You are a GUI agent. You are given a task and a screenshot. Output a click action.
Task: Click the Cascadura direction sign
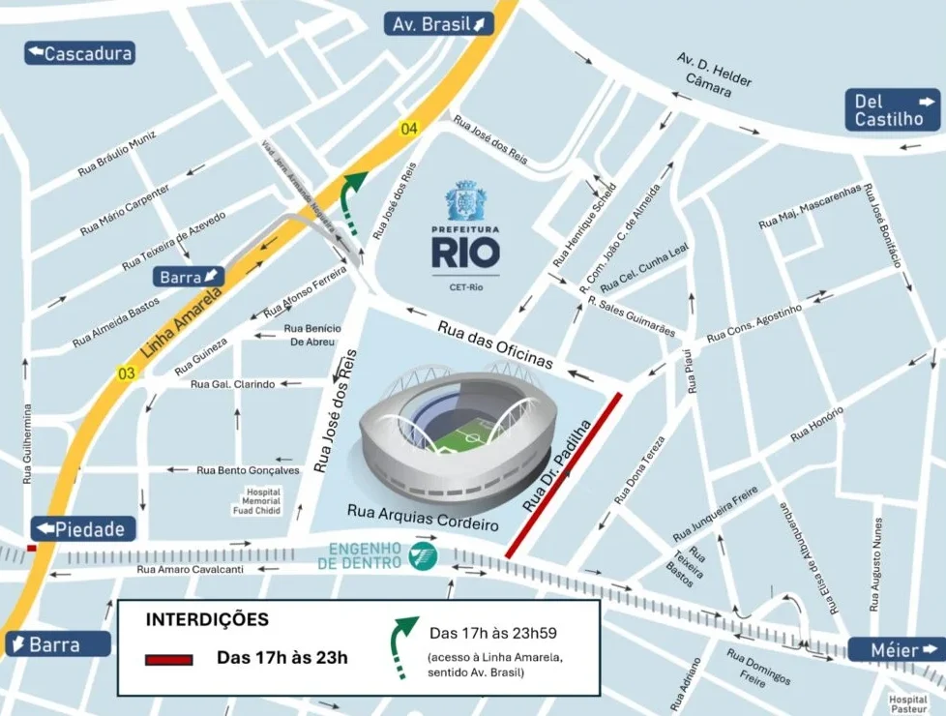click(79, 53)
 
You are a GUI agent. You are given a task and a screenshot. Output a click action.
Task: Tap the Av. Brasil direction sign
click(438, 24)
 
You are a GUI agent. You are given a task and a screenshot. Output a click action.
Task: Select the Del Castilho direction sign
click(894, 110)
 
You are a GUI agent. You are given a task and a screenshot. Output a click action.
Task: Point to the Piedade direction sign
click(83, 529)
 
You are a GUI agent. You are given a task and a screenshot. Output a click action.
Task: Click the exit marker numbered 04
click(410, 129)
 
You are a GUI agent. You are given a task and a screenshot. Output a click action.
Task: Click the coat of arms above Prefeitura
click(465, 200)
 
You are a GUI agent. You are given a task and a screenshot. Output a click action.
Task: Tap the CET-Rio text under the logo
click(466, 286)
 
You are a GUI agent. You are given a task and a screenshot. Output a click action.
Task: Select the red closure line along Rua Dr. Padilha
click(563, 474)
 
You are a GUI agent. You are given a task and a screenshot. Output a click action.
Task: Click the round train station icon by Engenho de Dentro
click(422, 554)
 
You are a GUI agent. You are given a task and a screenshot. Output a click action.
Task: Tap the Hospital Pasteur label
click(908, 703)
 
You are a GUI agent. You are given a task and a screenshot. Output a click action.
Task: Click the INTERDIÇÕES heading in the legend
click(207, 619)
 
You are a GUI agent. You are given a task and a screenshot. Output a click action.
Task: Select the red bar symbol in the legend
click(171, 660)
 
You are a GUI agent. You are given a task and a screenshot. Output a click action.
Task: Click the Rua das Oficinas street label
click(495, 344)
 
